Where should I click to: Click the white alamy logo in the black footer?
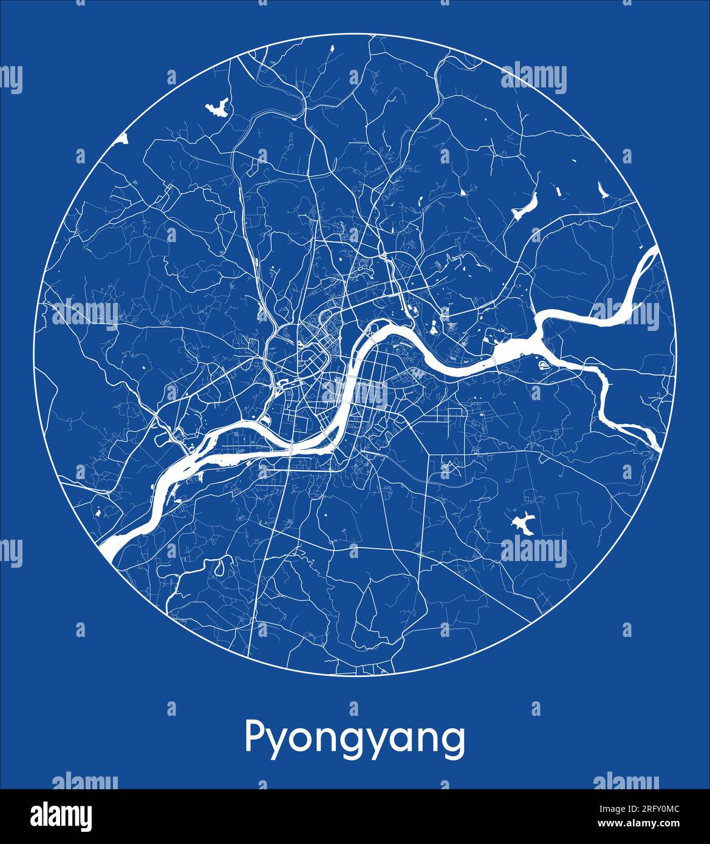(61, 815)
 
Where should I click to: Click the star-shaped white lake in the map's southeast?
(522, 523)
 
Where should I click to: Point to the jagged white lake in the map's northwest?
(217, 108)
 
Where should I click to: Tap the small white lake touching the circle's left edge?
(123, 139)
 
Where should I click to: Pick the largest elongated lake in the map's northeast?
(525, 206)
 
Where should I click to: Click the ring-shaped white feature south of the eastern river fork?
(542, 364)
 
